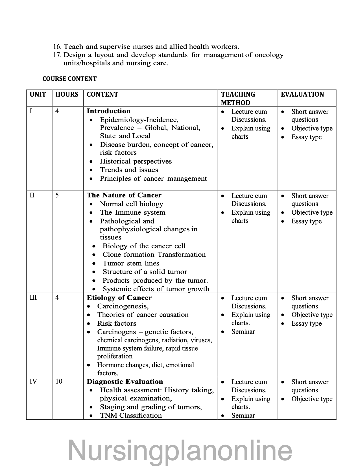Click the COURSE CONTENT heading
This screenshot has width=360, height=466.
pyautogui.click(x=69, y=79)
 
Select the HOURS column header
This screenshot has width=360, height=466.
pyautogui.click(x=67, y=94)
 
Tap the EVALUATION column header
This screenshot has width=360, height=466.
pyautogui.click(x=302, y=94)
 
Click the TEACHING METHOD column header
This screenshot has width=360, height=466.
pyautogui.click(x=238, y=98)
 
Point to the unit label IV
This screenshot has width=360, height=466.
pyautogui.click(x=33, y=382)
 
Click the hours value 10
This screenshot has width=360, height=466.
pyautogui.click(x=59, y=382)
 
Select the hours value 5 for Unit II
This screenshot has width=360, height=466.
pyautogui.click(x=57, y=195)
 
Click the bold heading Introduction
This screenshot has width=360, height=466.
pyautogui.click(x=108, y=111)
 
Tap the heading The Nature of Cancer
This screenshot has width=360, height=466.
pyautogui.click(x=124, y=195)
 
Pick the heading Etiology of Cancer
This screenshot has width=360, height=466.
pyautogui.click(x=119, y=298)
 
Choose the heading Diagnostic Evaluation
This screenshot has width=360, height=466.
pyautogui.click(x=125, y=382)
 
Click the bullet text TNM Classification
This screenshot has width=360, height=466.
pyautogui.click(x=131, y=415)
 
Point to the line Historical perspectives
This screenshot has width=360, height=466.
pyautogui.click(x=136, y=161)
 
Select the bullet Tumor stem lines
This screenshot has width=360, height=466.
pyautogui.click(x=131, y=263)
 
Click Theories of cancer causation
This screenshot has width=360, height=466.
pyautogui.click(x=143, y=315)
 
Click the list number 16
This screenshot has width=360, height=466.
pyautogui.click(x=57, y=47)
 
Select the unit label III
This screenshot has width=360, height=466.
pyautogui.click(x=33, y=298)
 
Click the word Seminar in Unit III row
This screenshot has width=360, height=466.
pyautogui.click(x=243, y=332)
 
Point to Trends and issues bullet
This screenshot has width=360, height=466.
pyautogui.click(x=129, y=170)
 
